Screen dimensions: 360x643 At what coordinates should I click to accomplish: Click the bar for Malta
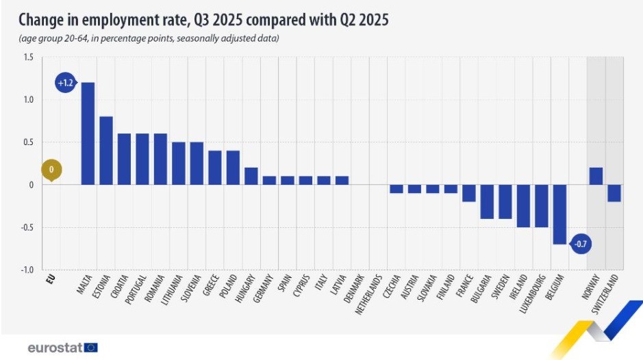tap(88, 133)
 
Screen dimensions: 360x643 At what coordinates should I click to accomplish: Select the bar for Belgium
tap(559, 214)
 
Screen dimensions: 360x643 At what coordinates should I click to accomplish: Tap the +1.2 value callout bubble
tap(66, 83)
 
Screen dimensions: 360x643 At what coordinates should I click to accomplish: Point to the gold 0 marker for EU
tap(51, 169)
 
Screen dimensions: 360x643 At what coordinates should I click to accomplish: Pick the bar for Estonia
tap(106, 151)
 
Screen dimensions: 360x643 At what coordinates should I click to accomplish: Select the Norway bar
tap(596, 176)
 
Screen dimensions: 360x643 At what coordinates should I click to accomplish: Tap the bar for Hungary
tap(251, 176)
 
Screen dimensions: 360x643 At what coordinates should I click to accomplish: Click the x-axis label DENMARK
tap(349, 290)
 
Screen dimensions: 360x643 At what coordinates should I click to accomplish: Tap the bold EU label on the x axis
tap(50, 279)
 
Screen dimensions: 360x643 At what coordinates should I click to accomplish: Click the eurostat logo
tap(62, 348)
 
